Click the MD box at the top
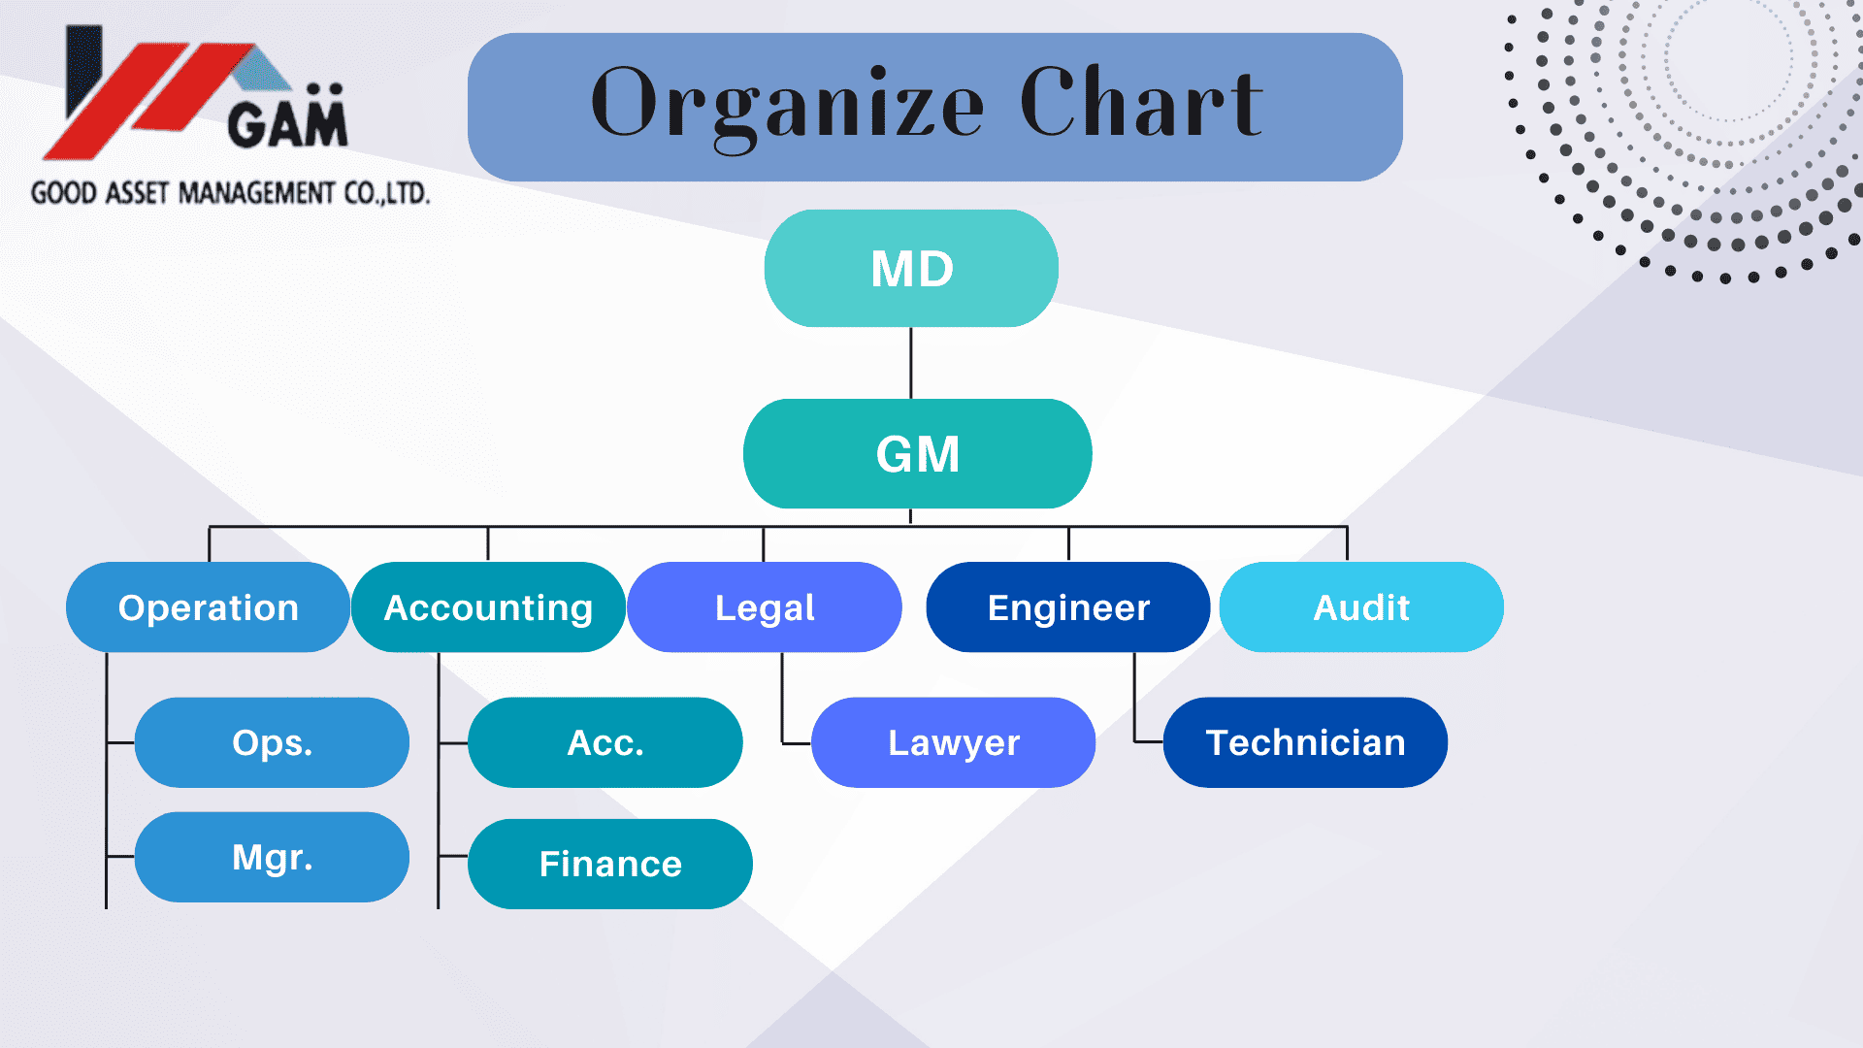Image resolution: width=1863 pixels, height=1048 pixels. click(x=911, y=268)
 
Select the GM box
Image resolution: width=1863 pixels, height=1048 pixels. click(x=917, y=453)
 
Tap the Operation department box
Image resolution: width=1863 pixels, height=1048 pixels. click(x=208, y=607)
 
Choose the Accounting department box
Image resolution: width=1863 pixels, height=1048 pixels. click(x=488, y=607)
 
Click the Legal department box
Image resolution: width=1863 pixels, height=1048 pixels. click(x=765, y=607)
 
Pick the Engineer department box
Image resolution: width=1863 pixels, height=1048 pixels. click(x=1068, y=607)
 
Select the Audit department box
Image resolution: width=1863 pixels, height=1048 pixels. click(x=1361, y=607)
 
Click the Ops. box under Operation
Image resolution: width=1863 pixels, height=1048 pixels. click(x=272, y=742)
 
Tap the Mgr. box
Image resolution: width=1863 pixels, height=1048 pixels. click(x=272, y=857)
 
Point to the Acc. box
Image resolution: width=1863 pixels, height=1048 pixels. click(x=605, y=742)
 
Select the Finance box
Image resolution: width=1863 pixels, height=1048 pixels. click(x=610, y=864)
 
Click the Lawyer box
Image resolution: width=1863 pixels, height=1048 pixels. click(x=954, y=742)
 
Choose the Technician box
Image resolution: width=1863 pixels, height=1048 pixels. click(x=1305, y=742)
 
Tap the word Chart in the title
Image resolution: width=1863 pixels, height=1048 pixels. click(x=1141, y=101)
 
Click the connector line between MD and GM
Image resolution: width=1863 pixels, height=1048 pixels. click(x=910, y=363)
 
